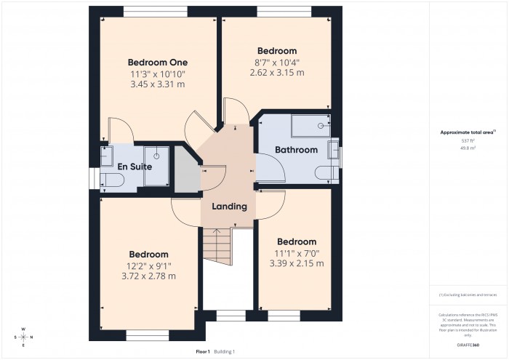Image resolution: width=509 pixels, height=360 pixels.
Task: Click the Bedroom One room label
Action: pyautogui.click(x=158, y=62)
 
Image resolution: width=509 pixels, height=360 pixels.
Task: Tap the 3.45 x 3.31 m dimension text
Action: pyautogui.click(x=158, y=84)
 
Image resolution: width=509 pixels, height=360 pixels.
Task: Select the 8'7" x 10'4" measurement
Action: pyautogui.click(x=276, y=62)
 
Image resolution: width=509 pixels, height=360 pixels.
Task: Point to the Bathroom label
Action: pyautogui.click(x=296, y=150)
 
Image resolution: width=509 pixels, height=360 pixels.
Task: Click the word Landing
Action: pyautogui.click(x=229, y=207)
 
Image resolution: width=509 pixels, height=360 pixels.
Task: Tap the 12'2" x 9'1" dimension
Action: pyautogui.click(x=149, y=265)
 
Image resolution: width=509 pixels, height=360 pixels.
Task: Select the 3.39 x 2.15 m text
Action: pyautogui.click(x=296, y=263)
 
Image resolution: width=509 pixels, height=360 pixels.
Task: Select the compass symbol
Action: pyautogui.click(x=23, y=337)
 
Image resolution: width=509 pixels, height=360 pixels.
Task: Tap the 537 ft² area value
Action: pyautogui.click(x=468, y=140)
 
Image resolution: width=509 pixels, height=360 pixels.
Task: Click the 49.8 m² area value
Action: pyautogui.click(x=468, y=148)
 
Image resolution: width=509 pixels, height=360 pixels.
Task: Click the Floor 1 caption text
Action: pyautogui.click(x=203, y=351)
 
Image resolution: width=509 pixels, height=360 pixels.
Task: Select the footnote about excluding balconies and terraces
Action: pyautogui.click(x=468, y=295)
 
